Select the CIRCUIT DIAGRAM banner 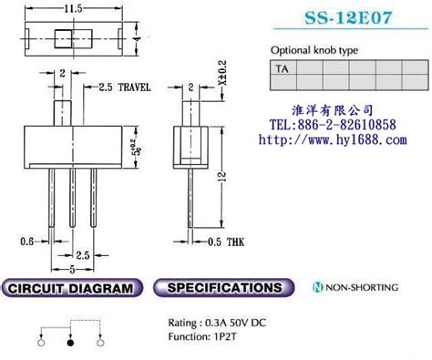(x=72, y=288)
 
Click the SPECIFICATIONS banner (x=220, y=288)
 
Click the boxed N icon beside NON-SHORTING (x=317, y=288)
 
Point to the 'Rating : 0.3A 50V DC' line (x=217, y=322)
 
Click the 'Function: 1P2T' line (x=206, y=335)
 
